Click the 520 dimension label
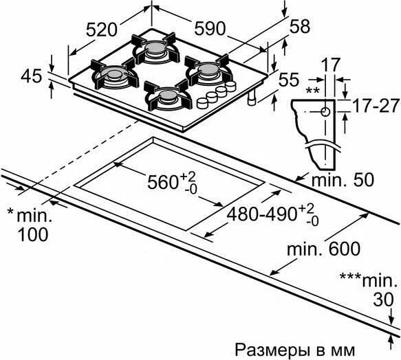pyautogui.click(x=101, y=30)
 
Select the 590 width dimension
pyautogui.click(x=210, y=28)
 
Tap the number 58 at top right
pyautogui.click(x=300, y=26)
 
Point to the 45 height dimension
pyautogui.click(x=31, y=76)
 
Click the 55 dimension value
pyautogui.click(x=289, y=79)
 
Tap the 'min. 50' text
pyautogui.click(x=343, y=179)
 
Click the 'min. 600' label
pyautogui.click(x=323, y=249)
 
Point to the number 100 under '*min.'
pyautogui.click(x=33, y=234)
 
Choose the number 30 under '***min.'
pyautogui.click(x=383, y=300)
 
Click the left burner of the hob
pyautogui.click(x=114, y=74)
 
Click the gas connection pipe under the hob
pyautogui.click(x=252, y=98)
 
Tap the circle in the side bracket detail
pyautogui.click(x=325, y=112)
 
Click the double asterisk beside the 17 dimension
pyautogui.click(x=312, y=91)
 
